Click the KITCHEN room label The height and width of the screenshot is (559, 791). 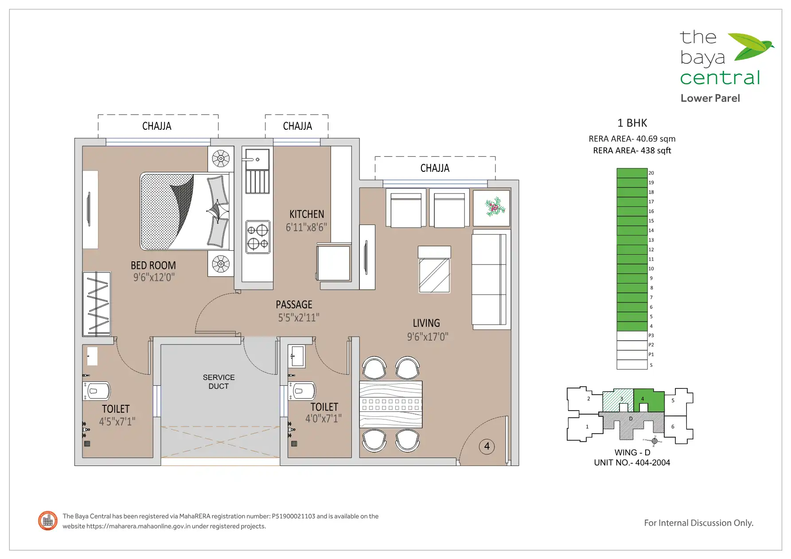point(307,214)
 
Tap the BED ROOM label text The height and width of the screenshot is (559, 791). point(153,265)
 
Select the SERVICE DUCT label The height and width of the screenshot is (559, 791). point(219,382)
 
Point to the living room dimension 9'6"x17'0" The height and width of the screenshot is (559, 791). point(428,337)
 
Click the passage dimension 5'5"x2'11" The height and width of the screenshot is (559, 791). point(299,318)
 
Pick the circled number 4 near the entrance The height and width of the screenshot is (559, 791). point(487,446)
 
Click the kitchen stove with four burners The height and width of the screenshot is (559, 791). point(258,237)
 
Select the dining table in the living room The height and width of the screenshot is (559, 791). point(390,404)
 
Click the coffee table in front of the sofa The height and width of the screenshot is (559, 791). point(434,270)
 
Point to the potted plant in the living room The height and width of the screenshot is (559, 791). point(495,207)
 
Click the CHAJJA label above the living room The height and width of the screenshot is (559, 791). point(435,168)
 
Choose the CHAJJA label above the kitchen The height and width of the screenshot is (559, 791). point(297,126)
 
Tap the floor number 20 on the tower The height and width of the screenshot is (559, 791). point(651,173)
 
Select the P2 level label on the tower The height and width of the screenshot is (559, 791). point(651,345)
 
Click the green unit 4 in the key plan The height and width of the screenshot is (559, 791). point(649,400)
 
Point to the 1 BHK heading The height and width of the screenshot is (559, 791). point(632,123)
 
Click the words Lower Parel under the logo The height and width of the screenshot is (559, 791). point(710,98)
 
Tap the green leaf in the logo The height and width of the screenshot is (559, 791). point(750,47)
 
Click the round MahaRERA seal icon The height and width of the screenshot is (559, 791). point(48,521)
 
